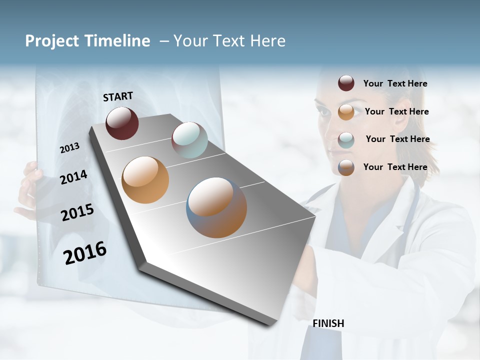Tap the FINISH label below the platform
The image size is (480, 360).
click(328, 323)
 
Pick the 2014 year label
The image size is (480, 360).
click(73, 177)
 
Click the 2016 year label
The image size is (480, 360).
click(85, 253)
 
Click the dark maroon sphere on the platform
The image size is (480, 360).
click(122, 123)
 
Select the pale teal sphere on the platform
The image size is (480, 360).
click(189, 139)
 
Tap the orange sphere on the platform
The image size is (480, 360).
click(145, 179)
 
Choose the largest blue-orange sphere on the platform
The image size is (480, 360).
click(216, 207)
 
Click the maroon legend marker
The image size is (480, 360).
click(346, 83)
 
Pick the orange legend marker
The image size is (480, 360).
click(346, 112)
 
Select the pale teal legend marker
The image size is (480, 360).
click(346, 140)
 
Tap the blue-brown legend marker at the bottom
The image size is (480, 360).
click(346, 167)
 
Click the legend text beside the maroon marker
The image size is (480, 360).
click(395, 83)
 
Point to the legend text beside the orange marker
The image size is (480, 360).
click(396, 111)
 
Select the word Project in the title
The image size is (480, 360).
click(52, 41)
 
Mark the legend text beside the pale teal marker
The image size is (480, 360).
click(397, 139)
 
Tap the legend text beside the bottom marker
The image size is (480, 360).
click(395, 167)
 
